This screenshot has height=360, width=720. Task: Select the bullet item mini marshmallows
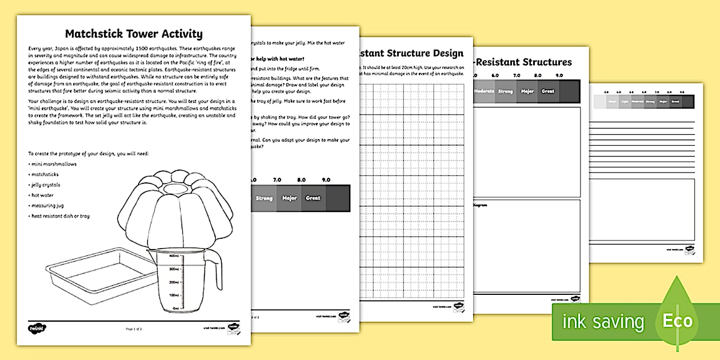[53, 164]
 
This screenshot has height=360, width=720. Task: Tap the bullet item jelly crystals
[45, 185]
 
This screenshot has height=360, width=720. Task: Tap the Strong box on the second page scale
[264, 198]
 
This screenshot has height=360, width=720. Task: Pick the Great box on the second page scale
[313, 198]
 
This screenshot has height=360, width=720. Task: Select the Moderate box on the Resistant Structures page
[484, 91]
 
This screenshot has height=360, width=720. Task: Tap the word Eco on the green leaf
[678, 321]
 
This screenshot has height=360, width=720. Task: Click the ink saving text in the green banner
[603, 322]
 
